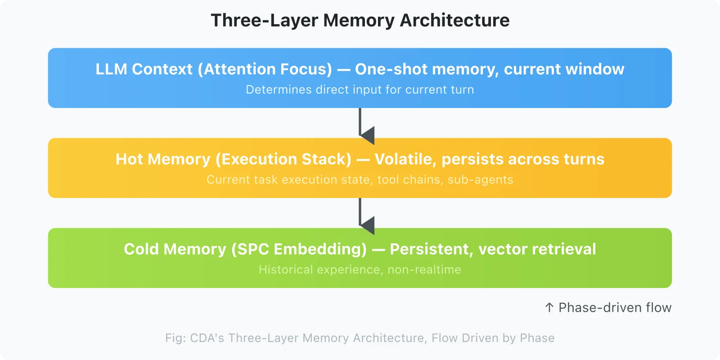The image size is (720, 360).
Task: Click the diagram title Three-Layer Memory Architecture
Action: click(360, 21)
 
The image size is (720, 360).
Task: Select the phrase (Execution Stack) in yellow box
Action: click(283, 159)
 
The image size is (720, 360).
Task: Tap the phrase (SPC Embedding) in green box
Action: click(299, 249)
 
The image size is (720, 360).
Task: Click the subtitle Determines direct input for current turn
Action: click(360, 90)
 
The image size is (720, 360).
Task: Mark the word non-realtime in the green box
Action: click(424, 270)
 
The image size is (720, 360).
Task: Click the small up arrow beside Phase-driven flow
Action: click(549, 308)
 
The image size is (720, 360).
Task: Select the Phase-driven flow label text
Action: click(615, 308)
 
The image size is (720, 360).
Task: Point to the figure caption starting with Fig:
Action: click(360, 338)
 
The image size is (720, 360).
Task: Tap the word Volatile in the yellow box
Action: click(405, 159)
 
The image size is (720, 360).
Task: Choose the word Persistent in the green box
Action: click(431, 249)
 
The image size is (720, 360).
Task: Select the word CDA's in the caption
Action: click(207, 338)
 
